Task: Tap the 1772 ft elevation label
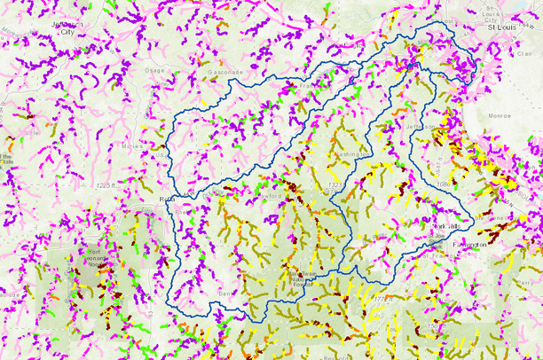tap(382, 301)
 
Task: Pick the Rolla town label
tap(165, 200)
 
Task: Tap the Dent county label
tap(224, 292)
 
